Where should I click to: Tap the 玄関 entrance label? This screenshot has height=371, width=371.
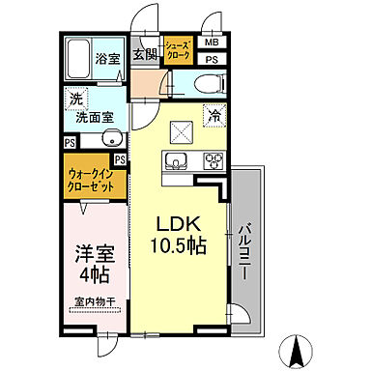coord(145,53)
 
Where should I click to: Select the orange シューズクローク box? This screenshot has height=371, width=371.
coord(177,51)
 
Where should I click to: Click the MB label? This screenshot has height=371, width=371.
coord(212,43)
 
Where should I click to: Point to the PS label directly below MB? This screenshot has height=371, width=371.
coord(212,60)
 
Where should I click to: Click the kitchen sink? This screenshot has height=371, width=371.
coord(176,160)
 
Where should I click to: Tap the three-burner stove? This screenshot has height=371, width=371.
coord(210,160)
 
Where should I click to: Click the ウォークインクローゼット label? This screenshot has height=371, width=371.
coord(93,180)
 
